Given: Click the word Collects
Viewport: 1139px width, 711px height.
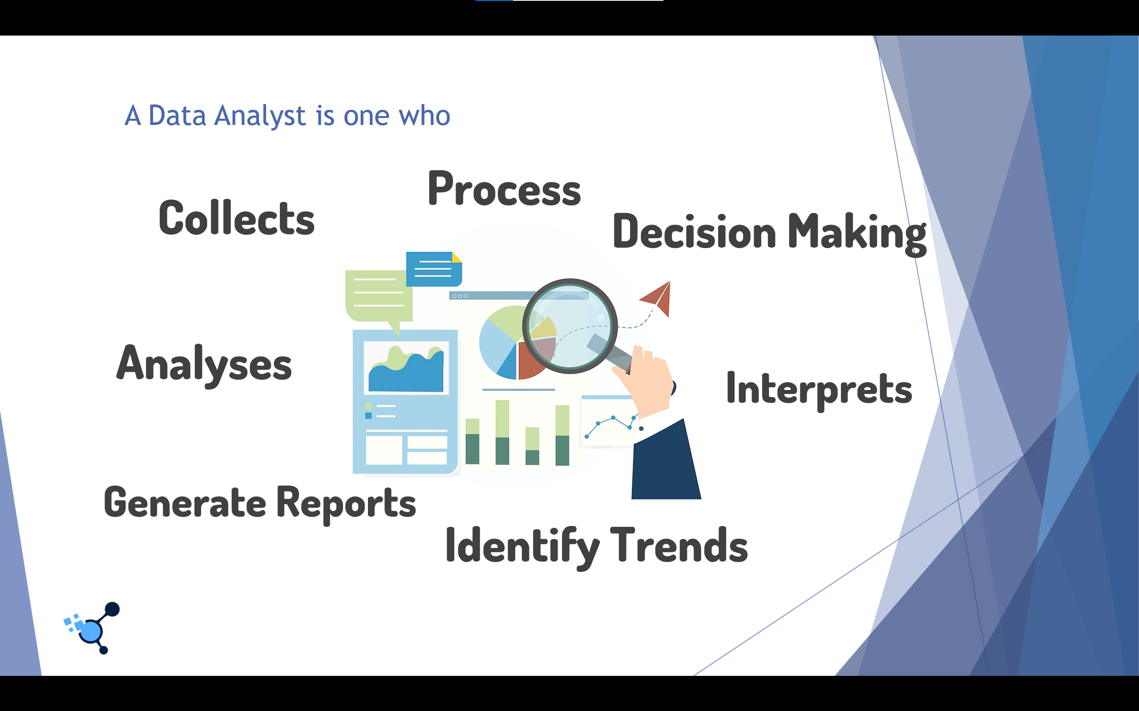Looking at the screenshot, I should [x=236, y=218].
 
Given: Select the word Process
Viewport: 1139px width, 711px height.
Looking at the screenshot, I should [x=504, y=189].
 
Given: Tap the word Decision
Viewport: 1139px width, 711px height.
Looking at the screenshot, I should [x=694, y=232].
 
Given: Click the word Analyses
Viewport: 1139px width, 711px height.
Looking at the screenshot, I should [x=204, y=365].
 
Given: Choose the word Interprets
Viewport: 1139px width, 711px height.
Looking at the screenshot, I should [x=819, y=389].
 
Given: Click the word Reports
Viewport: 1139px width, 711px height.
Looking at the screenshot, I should [x=346, y=504].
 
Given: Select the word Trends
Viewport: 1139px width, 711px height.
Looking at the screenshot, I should [x=679, y=546].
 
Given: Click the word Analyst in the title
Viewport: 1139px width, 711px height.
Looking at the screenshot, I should [x=260, y=116].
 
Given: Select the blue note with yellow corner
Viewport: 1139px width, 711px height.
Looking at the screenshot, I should [x=433, y=269].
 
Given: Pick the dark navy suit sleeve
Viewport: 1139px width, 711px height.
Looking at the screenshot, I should [x=665, y=463].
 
